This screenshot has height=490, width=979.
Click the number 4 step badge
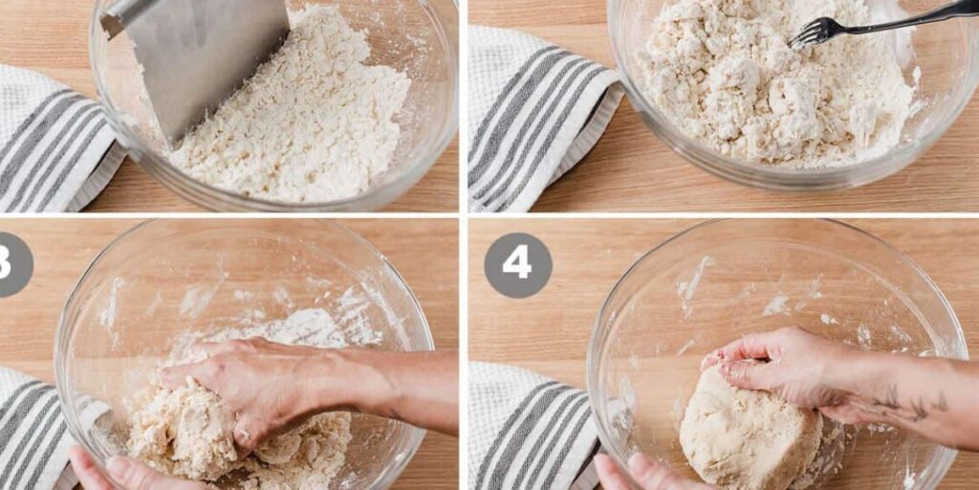click(517, 265)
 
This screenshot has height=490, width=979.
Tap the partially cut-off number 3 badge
click(11, 265)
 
